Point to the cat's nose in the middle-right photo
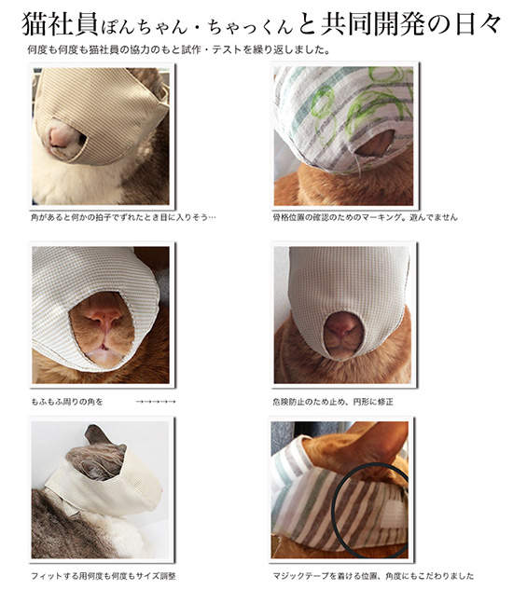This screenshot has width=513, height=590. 343,326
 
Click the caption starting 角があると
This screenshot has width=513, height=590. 122,218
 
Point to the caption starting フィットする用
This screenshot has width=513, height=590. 103,575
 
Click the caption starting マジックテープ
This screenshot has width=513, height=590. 373,575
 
